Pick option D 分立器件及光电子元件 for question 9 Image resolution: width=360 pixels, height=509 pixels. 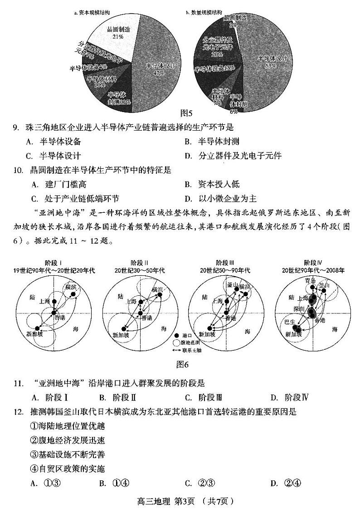[x=234, y=156]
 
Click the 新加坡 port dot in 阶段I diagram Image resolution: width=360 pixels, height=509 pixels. [x=38, y=327]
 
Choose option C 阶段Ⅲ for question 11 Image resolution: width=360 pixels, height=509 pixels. [x=204, y=397]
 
